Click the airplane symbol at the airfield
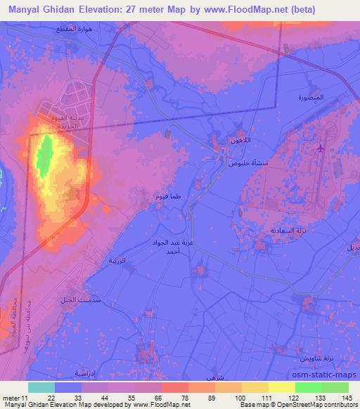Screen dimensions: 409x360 tap(321, 148)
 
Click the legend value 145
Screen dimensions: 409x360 tap(348, 398)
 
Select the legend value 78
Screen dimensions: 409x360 tap(174, 398)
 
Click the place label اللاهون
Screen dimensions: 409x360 tap(238, 141)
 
